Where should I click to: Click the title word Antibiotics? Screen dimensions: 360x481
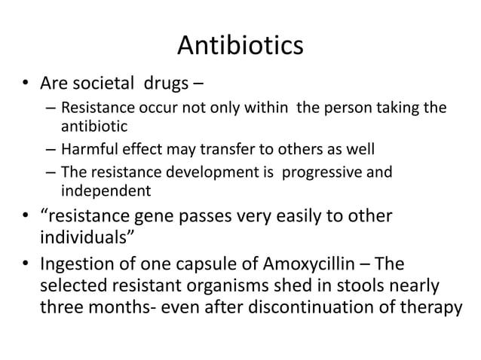[x=240, y=46]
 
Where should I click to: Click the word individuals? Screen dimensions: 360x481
[x=84, y=239]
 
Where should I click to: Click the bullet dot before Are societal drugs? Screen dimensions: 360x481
[x=27, y=81]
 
